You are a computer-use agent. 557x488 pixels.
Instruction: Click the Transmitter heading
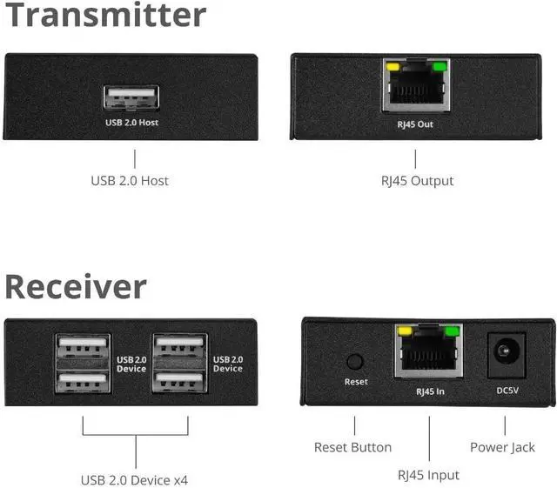click(x=105, y=16)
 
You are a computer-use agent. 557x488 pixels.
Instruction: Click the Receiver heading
click(x=76, y=287)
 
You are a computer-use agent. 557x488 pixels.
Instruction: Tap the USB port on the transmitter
click(x=131, y=97)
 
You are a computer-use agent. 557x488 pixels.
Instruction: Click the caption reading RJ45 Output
click(x=417, y=181)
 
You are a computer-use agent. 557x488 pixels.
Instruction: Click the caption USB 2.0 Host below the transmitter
click(x=130, y=181)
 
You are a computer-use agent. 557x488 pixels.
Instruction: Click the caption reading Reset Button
click(x=352, y=447)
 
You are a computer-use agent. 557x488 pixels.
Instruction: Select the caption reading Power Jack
click(x=502, y=447)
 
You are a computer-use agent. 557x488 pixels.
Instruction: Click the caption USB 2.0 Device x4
click(x=134, y=479)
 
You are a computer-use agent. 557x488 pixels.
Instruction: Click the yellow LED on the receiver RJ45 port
click(x=403, y=331)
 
